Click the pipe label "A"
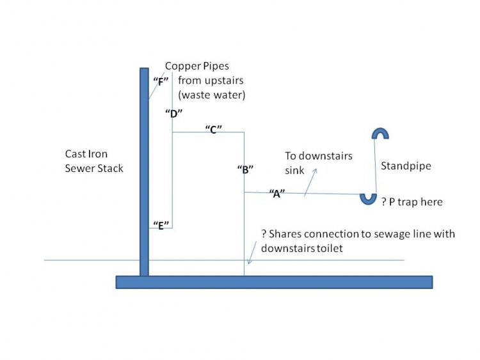(276, 192)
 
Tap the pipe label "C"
(213, 129)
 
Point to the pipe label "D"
(173, 113)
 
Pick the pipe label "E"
(158, 224)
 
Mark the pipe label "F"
(160, 81)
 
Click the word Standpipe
(406, 166)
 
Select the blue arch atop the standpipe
(380, 133)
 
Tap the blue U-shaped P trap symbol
(368, 199)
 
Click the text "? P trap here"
(412, 202)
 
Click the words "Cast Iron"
(86, 154)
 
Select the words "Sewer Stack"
(93, 169)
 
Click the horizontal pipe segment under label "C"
(208, 132)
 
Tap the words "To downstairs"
(318, 157)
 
